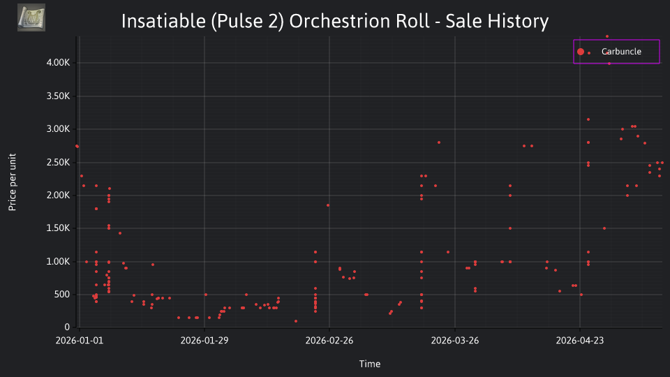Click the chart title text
[x=334, y=21]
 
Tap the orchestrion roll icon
[x=31, y=17]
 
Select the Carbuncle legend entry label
[x=621, y=51]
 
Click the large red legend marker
[x=580, y=52]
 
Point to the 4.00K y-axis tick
[x=58, y=62]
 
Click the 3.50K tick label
[x=58, y=96]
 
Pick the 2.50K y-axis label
[x=58, y=163]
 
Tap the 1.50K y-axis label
[x=58, y=228]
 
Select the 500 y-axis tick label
[x=61, y=295]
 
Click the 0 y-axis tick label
[x=67, y=327]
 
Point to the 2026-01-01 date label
[x=80, y=341]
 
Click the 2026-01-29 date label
[x=204, y=341]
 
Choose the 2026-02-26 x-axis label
[x=329, y=341]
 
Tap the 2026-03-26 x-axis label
[x=454, y=341]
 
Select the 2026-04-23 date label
[x=580, y=341]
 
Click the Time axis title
[x=370, y=364]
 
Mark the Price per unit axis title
[x=13, y=182]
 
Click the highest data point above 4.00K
[x=607, y=36]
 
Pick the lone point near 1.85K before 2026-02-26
[x=328, y=205]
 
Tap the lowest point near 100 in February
[x=296, y=321]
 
